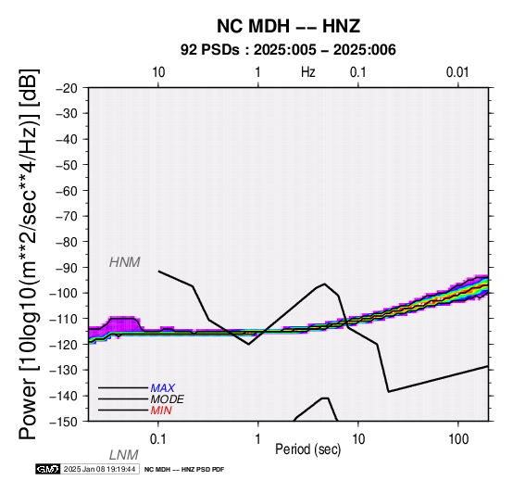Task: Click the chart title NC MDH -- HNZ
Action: (288, 26)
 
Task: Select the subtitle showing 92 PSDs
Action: (288, 50)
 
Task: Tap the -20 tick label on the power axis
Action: (67, 88)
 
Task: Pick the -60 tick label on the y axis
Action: (67, 191)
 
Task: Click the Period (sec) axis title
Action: (307, 449)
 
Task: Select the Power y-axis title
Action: (29, 254)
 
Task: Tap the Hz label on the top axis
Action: (307, 72)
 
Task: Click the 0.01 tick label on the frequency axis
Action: (457, 72)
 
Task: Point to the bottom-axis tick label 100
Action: (458, 439)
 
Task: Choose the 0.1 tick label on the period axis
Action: (158, 439)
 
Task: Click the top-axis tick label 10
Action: (158, 72)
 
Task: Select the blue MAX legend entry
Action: (163, 388)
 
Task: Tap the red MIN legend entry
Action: (161, 411)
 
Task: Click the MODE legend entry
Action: (168, 399)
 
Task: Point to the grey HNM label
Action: (125, 262)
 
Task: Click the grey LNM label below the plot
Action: (124, 455)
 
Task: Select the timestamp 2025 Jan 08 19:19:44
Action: (99, 469)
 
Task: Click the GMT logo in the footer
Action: (48, 469)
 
